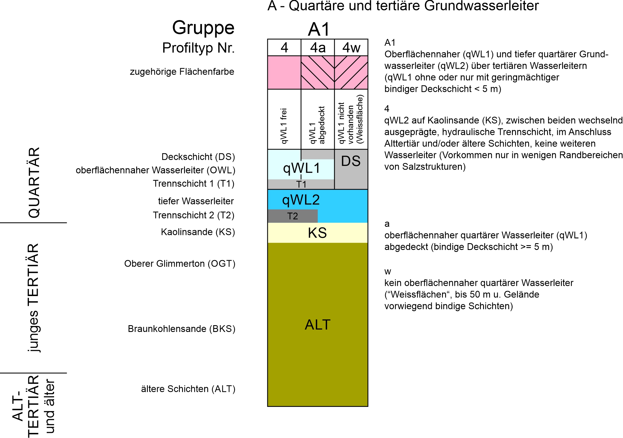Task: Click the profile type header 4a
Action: [x=318, y=48]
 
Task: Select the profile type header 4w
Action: [x=351, y=48]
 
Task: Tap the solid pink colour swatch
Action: [x=284, y=72]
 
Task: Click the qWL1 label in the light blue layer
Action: [x=302, y=169]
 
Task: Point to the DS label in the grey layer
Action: [x=351, y=161]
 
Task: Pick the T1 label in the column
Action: [x=301, y=184]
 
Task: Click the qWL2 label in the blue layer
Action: [x=301, y=200]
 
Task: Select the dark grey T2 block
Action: [x=293, y=216]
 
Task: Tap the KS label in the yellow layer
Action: [x=317, y=233]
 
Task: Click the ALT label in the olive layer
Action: [x=318, y=325]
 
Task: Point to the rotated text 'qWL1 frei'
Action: [x=283, y=126]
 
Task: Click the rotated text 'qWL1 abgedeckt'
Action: [x=317, y=125]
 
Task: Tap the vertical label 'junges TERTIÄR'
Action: [x=34, y=298]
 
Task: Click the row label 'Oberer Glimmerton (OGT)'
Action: [x=180, y=264]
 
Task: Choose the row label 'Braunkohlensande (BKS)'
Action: [x=182, y=329]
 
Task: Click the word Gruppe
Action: [x=203, y=28]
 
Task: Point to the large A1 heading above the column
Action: [x=319, y=29]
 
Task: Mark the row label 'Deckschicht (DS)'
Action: [x=198, y=157]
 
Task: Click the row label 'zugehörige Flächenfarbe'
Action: [x=182, y=72]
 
